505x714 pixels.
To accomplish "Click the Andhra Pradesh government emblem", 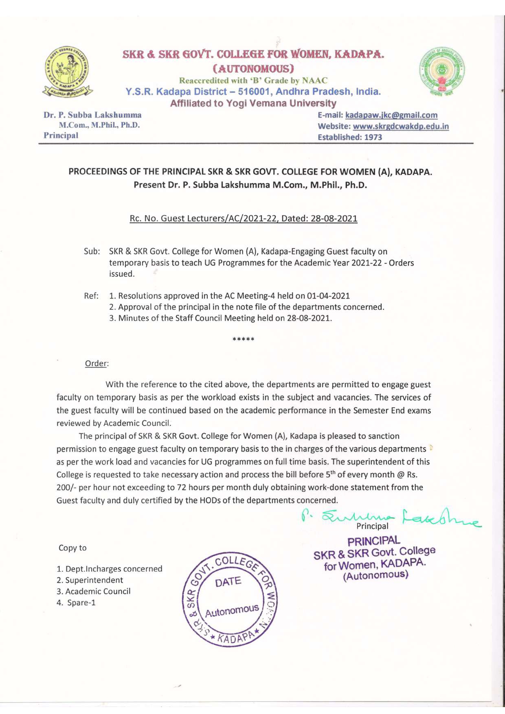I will (442, 72).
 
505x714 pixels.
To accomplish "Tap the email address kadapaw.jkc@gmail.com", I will (391, 116).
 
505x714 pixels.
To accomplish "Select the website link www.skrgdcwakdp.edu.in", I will (401, 127).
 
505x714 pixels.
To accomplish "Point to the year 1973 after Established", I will (373, 138).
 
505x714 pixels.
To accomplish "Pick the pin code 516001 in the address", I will (255, 92).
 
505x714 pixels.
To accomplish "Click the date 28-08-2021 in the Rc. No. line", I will (334, 218).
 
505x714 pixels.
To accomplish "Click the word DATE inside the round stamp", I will (228, 582).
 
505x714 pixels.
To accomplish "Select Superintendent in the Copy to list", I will (94, 580).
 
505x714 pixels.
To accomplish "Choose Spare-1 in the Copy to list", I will (81, 603).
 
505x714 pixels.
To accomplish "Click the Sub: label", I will (92, 251).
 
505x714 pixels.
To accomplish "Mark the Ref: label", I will (91, 296).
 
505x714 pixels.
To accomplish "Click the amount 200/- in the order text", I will (66, 487).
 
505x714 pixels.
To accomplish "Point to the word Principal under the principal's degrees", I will (61, 135).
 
